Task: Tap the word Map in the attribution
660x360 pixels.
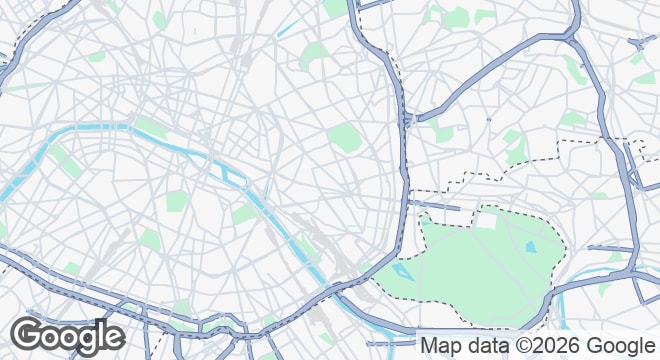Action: (440, 346)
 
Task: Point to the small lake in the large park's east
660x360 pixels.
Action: (529, 246)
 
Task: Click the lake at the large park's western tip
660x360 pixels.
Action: (403, 271)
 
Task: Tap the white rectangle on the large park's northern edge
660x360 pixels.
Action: (487, 221)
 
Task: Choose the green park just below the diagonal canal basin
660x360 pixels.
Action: (314, 55)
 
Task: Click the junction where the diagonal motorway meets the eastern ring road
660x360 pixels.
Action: (408, 121)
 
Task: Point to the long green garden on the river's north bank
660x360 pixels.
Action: (150, 126)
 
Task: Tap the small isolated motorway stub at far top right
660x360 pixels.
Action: (637, 41)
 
